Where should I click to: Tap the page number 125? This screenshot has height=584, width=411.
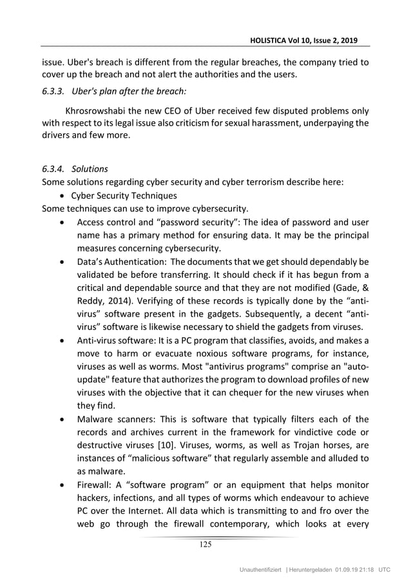tap(205, 545)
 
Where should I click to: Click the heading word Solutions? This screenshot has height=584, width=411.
tap(90, 168)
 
